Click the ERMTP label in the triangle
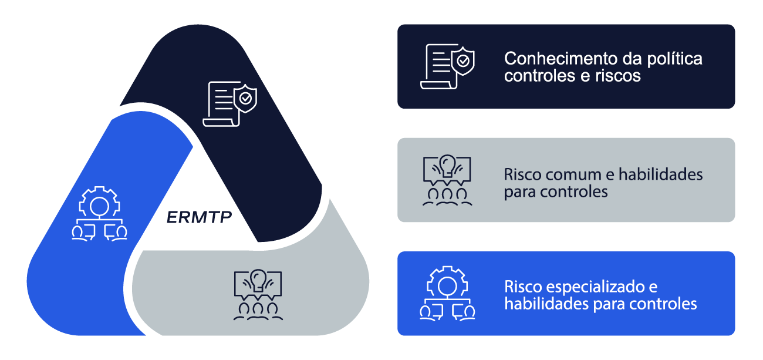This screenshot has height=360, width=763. point(199,218)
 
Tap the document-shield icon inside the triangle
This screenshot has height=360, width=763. point(229,104)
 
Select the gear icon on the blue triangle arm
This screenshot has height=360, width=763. point(99,213)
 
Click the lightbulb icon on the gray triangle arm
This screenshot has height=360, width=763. point(258,294)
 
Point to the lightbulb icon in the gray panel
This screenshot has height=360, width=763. point(447,179)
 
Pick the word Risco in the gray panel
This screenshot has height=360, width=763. point(522,174)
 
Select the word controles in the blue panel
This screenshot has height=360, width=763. point(662,304)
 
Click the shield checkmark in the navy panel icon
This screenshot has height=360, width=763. point(464,59)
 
